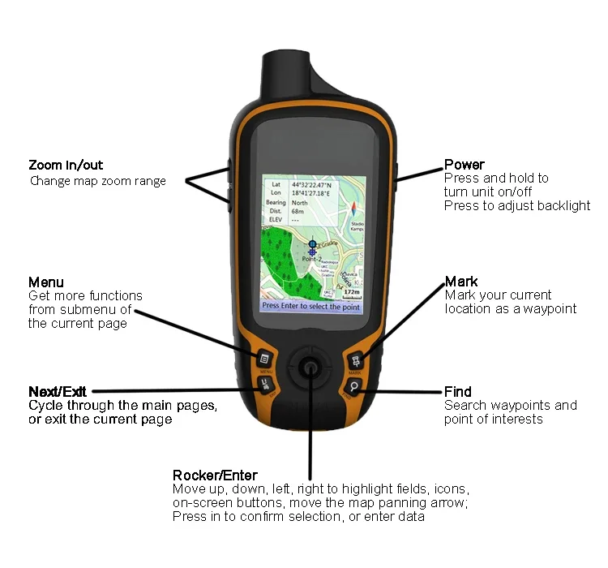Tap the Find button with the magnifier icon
355,387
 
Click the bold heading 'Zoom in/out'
66,166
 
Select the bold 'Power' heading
465,165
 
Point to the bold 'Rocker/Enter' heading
215,475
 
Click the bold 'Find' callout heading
457,392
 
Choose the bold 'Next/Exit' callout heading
57,392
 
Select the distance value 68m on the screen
298,211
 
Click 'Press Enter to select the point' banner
310,306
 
